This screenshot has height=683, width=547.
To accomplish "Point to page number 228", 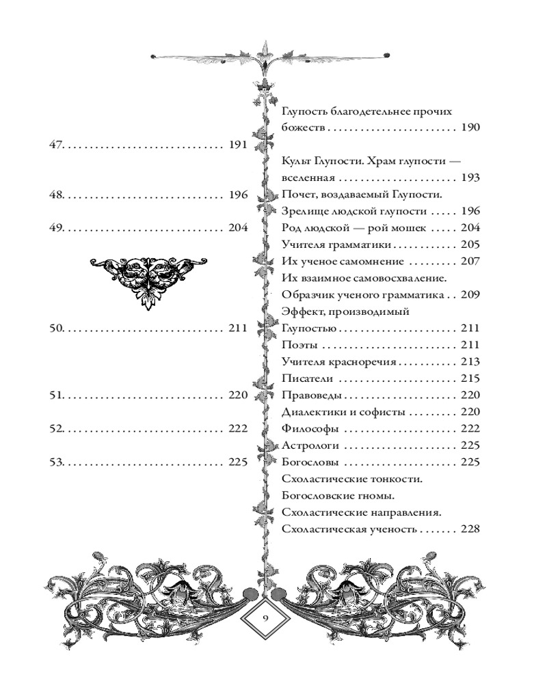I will pyautogui.click(x=471, y=529).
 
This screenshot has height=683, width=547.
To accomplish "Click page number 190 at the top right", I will pyautogui.click(x=471, y=128).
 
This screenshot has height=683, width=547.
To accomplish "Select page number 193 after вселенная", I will pyautogui.click(x=471, y=178).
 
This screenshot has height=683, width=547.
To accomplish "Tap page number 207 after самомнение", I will pyautogui.click(x=471, y=262).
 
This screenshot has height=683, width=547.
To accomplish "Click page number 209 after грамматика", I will pyautogui.click(x=471, y=295).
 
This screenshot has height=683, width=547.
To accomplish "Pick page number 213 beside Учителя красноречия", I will pyautogui.click(x=471, y=362).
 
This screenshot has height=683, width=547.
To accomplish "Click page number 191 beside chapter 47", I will pyautogui.click(x=238, y=145).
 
